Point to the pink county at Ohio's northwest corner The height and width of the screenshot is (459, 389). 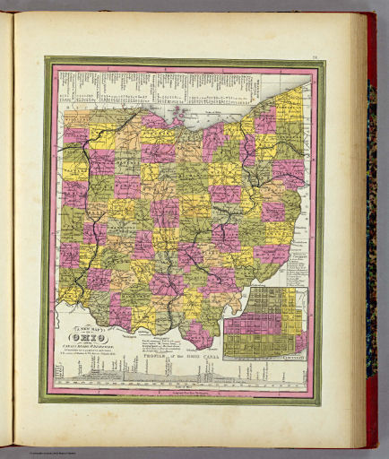pos(76,134)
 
